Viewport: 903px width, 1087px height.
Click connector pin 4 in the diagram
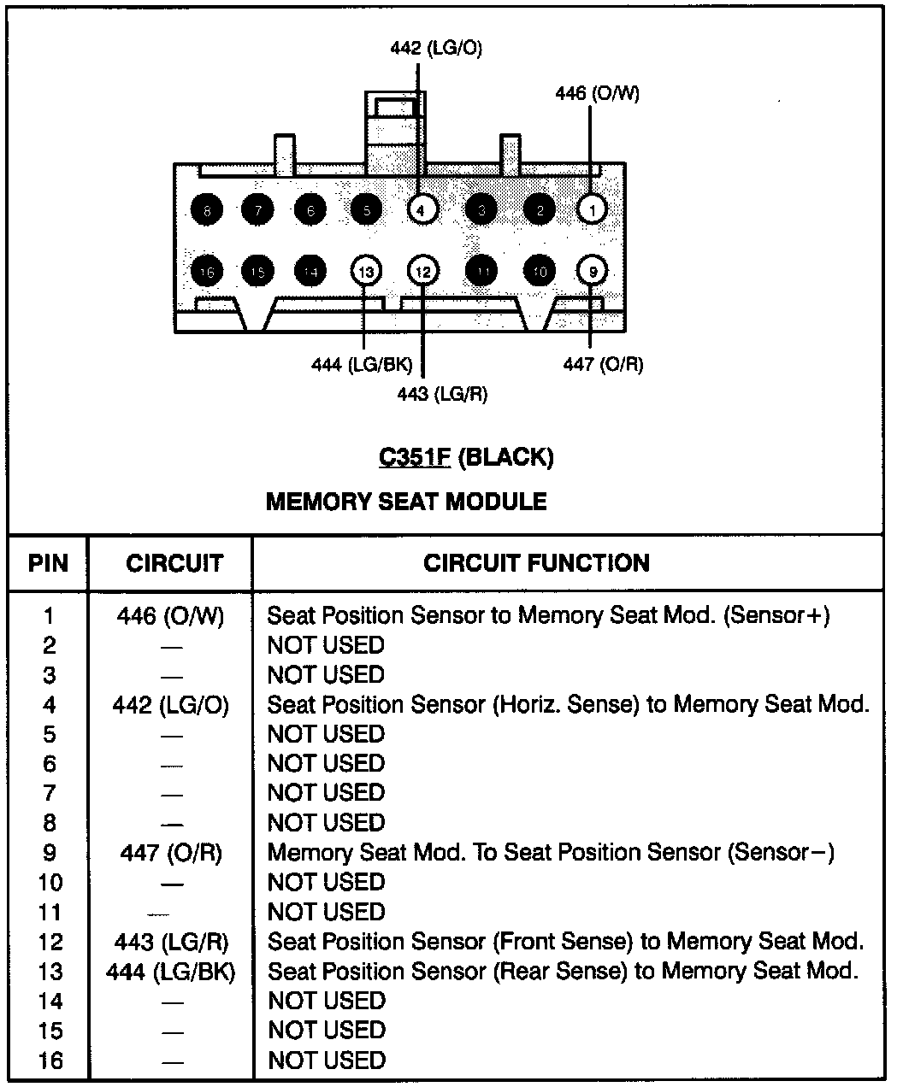point(422,209)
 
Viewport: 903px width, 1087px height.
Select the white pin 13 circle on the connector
point(365,272)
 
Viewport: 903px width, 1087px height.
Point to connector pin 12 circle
point(422,272)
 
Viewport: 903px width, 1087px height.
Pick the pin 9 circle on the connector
point(592,272)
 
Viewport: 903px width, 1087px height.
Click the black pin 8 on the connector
point(206,209)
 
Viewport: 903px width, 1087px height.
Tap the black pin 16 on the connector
point(206,272)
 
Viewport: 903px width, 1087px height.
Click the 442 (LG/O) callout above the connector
point(436,49)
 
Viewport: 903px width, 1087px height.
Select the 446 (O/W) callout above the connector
point(597,93)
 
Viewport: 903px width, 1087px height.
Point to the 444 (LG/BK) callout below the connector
point(362,366)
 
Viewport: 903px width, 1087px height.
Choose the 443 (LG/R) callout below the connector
point(442,394)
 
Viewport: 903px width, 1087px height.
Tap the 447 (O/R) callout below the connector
point(603,364)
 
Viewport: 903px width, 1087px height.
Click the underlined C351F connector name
point(415,457)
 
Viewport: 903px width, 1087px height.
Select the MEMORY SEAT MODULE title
point(406,501)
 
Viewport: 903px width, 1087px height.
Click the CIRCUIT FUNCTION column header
point(536,563)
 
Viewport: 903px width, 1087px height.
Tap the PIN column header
point(48,563)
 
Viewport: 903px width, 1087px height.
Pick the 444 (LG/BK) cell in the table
point(170,972)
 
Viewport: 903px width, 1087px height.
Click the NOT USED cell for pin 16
point(326,1061)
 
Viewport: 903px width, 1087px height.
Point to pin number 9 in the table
point(49,853)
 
